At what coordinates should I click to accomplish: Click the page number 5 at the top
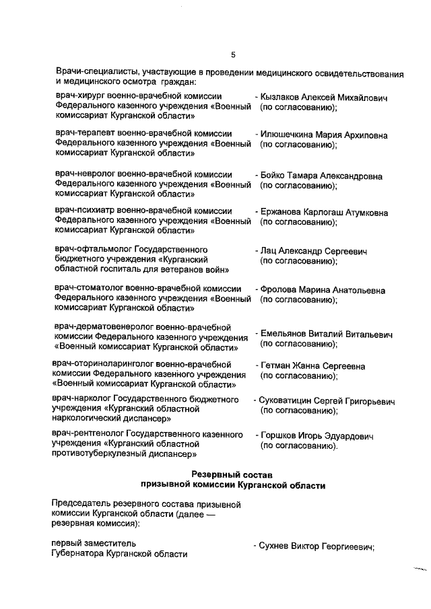[233, 55]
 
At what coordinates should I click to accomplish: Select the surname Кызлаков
[283, 97]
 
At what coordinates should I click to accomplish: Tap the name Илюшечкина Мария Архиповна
[325, 135]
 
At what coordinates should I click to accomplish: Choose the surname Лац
[269, 252]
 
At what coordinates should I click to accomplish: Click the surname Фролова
[279, 291]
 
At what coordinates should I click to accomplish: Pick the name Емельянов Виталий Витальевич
[326, 334]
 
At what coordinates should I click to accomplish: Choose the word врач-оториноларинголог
[103, 364]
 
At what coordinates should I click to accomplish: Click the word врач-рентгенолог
[90, 436]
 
